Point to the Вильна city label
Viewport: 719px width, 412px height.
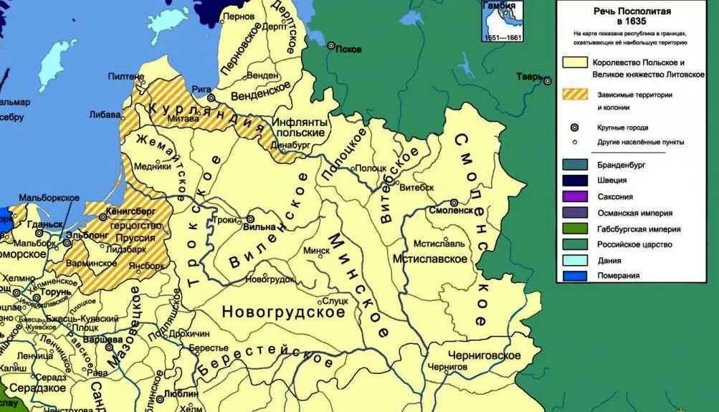tap(259, 228)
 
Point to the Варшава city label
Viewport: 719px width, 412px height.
tap(99, 337)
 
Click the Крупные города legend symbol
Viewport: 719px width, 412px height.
tap(575, 127)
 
